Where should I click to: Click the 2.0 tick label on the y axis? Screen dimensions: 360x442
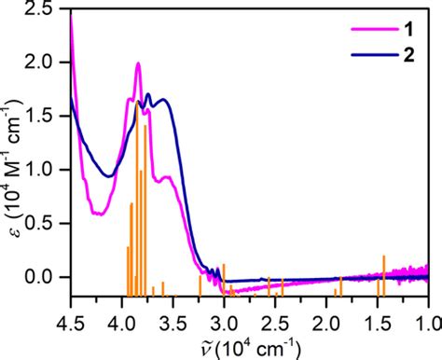(x=48, y=62)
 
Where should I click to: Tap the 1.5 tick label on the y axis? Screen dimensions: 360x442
(x=48, y=117)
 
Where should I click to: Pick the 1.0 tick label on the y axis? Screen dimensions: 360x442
(x=48, y=171)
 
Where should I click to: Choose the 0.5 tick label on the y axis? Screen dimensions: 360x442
(x=48, y=224)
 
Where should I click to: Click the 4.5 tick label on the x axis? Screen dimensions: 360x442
(x=70, y=316)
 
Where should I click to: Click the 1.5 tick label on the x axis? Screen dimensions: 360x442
(x=378, y=316)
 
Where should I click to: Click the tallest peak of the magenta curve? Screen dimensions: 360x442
(x=138, y=64)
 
